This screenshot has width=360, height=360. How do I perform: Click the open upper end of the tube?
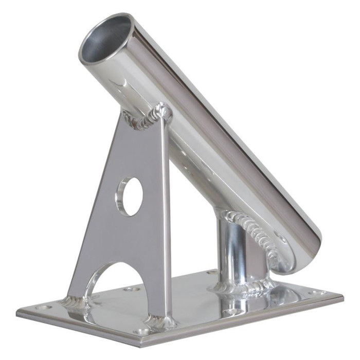[x=105, y=40]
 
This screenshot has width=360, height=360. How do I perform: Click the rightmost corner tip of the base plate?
[x=343, y=297]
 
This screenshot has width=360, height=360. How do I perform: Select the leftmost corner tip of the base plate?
[x=17, y=311]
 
